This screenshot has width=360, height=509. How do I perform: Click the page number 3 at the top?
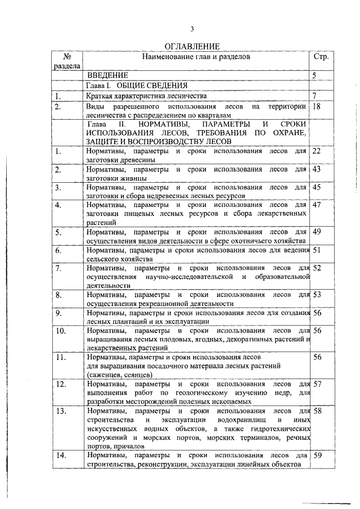(x=191, y=29)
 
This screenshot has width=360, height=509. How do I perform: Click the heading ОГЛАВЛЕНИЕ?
(x=191, y=46)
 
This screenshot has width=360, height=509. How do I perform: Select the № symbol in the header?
(x=66, y=57)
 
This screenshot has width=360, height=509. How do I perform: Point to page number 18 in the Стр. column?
(x=316, y=106)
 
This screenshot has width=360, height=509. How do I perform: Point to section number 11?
(x=61, y=357)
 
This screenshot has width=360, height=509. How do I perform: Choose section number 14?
(x=61, y=456)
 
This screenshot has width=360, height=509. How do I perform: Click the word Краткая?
(x=102, y=96)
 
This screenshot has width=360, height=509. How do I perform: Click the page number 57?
(x=317, y=384)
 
